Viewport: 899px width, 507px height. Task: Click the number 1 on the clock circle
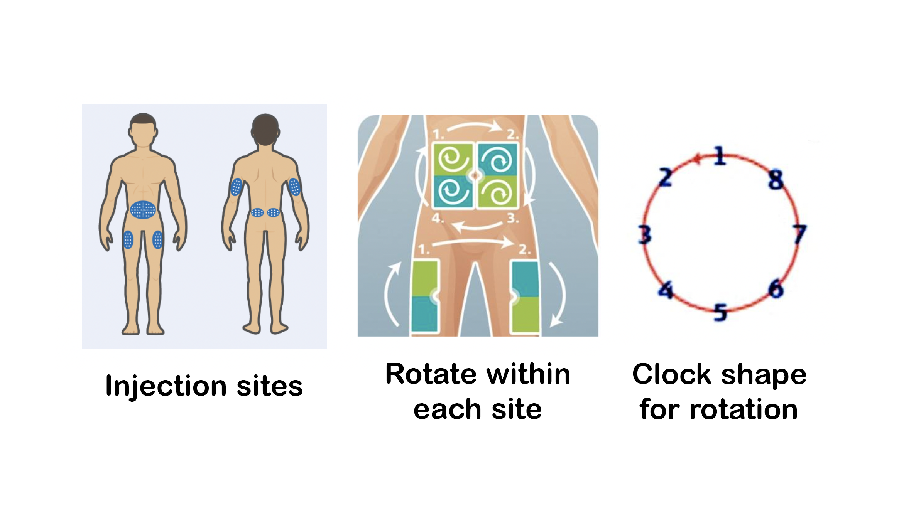pyautogui.click(x=720, y=156)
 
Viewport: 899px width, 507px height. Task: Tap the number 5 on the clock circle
pyautogui.click(x=720, y=312)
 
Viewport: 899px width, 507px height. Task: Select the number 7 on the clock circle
pyautogui.click(x=800, y=234)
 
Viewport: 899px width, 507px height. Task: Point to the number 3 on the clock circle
pyautogui.click(x=644, y=235)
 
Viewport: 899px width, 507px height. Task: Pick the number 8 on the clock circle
pyautogui.click(x=776, y=180)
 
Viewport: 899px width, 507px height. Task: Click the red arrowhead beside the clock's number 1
pyautogui.click(x=697, y=158)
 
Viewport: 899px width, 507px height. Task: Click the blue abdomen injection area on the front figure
pyautogui.click(x=143, y=210)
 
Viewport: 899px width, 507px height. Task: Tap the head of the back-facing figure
pyautogui.click(x=265, y=129)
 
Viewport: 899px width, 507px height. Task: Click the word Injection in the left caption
pyautogui.click(x=166, y=386)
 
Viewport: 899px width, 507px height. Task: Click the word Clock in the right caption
pyautogui.click(x=671, y=374)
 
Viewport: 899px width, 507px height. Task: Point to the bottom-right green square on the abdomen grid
pyautogui.click(x=498, y=192)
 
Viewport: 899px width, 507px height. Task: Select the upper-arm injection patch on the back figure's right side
pyautogui.click(x=294, y=187)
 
